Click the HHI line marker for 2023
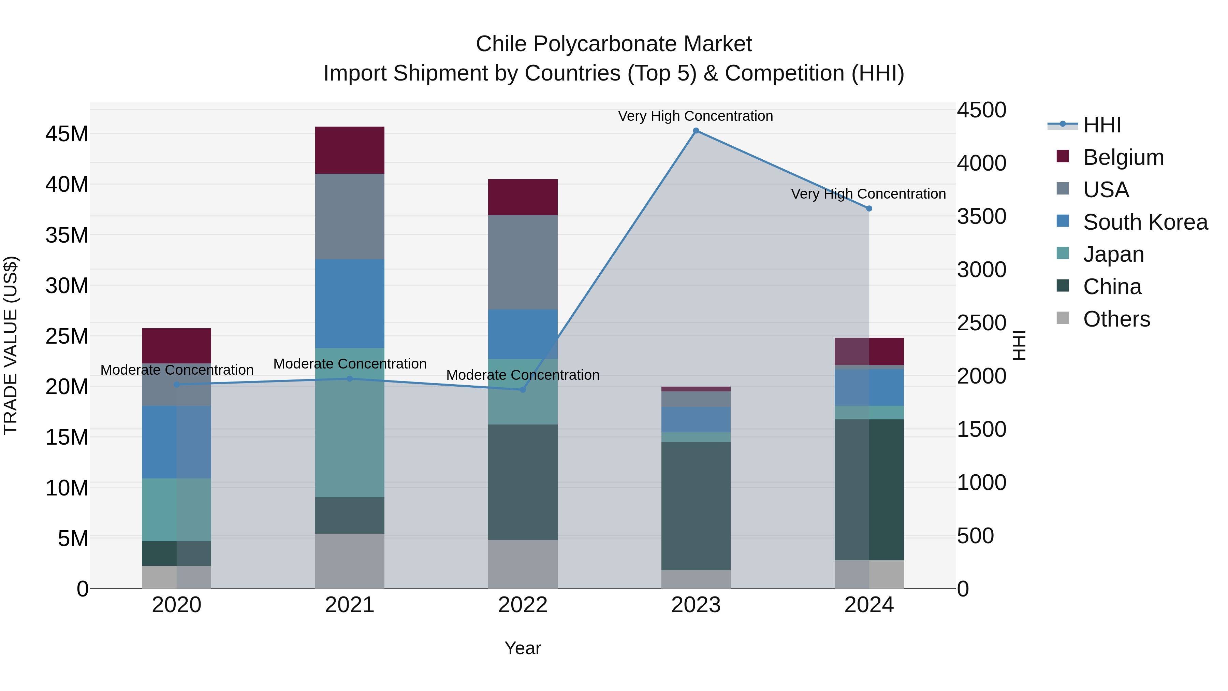pyautogui.click(x=696, y=131)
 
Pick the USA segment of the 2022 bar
pyautogui.click(x=523, y=262)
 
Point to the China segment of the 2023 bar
pyautogui.click(x=696, y=505)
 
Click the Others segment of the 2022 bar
pyautogui.click(x=523, y=564)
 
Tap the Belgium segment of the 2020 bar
pyautogui.click(x=176, y=346)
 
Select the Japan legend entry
pyautogui.click(x=1113, y=254)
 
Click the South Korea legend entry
pyautogui.click(x=1145, y=222)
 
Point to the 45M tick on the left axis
pyautogui.click(x=67, y=134)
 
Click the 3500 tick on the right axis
pyautogui.click(x=981, y=216)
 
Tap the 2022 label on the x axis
pyautogui.click(x=523, y=605)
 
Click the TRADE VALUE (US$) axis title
pyautogui.click(x=11, y=345)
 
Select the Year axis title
pyautogui.click(x=523, y=648)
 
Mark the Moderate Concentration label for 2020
pyautogui.click(x=176, y=370)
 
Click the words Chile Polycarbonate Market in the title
pyautogui.click(x=614, y=44)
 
